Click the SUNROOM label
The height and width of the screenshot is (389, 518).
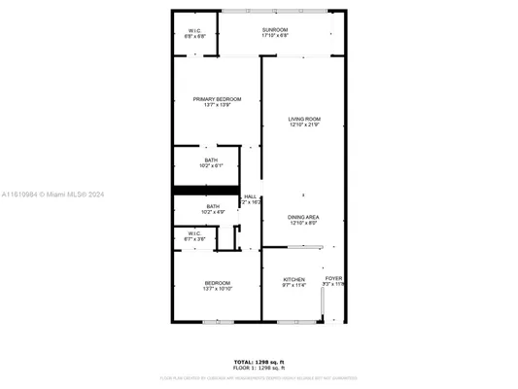[274, 30]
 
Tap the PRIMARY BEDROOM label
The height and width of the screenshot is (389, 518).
[217, 99]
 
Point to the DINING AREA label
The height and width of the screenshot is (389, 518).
[303, 216]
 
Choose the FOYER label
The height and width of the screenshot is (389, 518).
[333, 278]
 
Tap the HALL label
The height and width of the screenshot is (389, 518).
[250, 195]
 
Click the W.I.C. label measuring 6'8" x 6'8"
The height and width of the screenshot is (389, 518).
[194, 30]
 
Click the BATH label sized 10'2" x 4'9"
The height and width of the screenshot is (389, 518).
[212, 205]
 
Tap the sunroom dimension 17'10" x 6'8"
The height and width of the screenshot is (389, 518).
[274, 36]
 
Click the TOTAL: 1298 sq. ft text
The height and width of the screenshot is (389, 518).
[259, 360]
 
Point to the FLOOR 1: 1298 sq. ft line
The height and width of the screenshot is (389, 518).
[259, 367]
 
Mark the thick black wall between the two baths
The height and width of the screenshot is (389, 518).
[205, 190]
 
